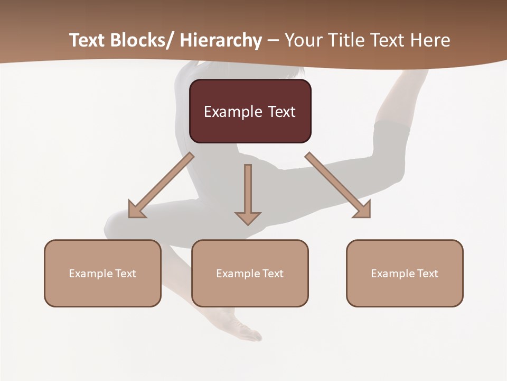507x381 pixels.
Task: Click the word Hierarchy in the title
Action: pyautogui.click(x=221, y=41)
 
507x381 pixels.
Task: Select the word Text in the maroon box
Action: pyautogui.click(x=281, y=112)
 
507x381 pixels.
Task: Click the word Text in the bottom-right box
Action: pyautogui.click(x=427, y=274)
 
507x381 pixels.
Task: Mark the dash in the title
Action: pyautogui.click(x=273, y=41)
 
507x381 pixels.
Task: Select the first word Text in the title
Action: pyautogui.click(x=87, y=41)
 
